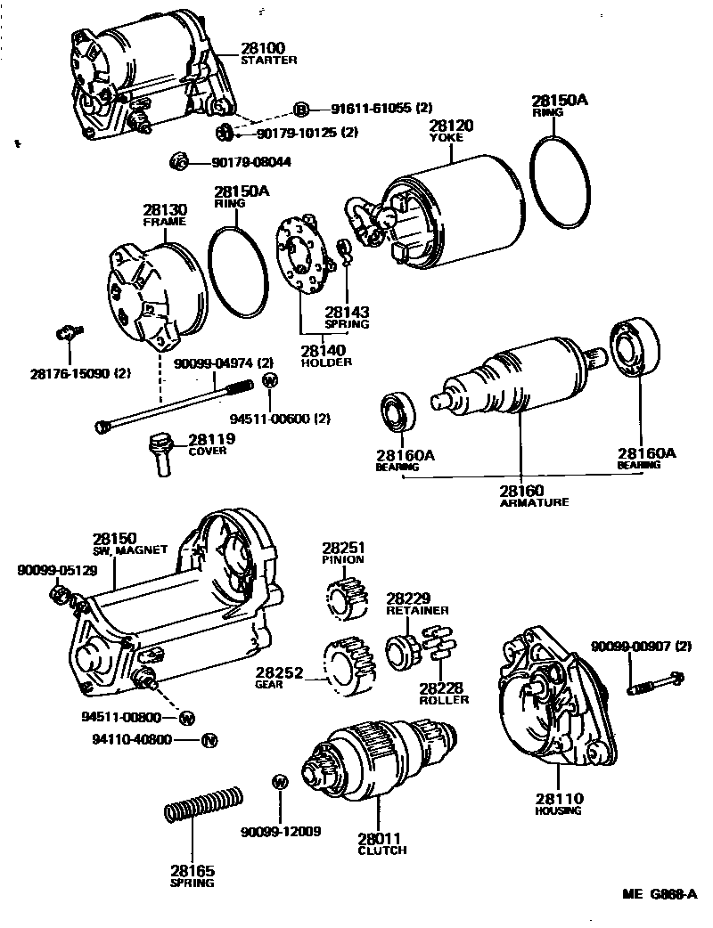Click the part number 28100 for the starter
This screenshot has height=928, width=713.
[259, 47]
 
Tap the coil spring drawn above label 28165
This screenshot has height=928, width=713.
[204, 805]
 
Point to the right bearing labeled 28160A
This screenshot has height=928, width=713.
[635, 350]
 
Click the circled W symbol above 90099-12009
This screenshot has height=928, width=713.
[280, 782]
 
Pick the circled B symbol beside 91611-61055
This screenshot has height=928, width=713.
[301, 110]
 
